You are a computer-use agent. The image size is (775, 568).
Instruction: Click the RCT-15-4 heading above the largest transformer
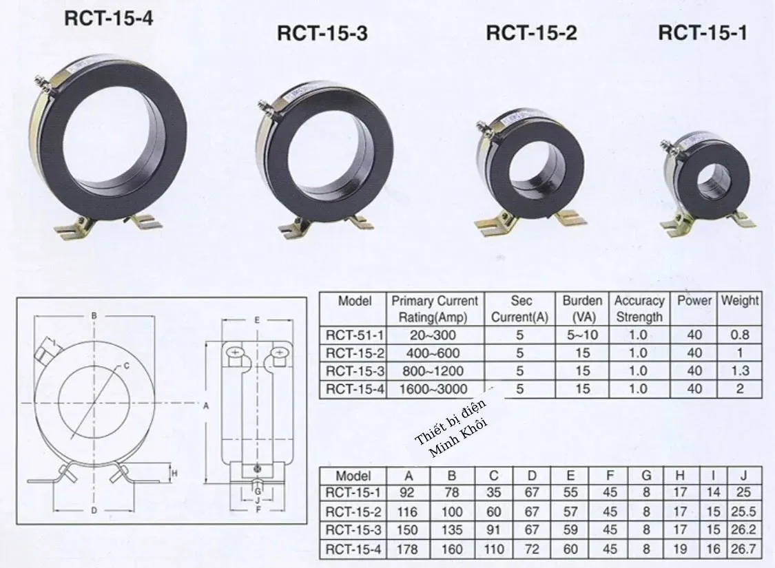coord(109,19)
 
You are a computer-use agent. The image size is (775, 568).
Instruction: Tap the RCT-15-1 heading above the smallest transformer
coord(703,32)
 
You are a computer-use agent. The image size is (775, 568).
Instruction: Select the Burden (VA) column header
coord(582,308)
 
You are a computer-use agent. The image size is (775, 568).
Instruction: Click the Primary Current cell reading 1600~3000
coord(433,389)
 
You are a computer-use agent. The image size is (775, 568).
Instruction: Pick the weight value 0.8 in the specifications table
coord(740,335)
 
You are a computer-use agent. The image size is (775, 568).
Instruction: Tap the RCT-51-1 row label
coord(354,335)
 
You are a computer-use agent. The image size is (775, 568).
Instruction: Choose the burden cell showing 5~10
coord(582,335)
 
